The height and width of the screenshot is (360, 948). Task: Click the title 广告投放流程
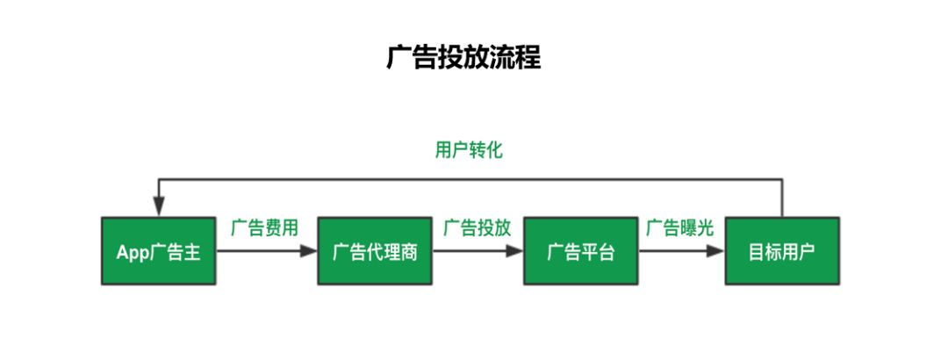click(463, 57)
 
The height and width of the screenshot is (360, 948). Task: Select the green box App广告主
click(159, 251)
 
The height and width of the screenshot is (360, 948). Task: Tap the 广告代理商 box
click(375, 251)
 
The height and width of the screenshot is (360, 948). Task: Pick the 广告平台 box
click(580, 251)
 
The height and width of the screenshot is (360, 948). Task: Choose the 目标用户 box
click(782, 251)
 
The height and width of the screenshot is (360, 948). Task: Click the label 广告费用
click(264, 228)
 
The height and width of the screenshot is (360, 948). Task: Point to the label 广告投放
click(477, 228)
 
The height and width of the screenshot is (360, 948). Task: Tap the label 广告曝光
click(680, 228)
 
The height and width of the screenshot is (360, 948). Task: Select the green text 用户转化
click(469, 150)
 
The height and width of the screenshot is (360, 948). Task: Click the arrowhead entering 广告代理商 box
click(309, 251)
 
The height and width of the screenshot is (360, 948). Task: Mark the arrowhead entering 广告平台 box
click(515, 251)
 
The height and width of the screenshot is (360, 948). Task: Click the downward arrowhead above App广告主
click(159, 208)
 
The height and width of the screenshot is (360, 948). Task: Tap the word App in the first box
click(133, 253)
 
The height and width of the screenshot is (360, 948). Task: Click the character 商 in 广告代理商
click(408, 253)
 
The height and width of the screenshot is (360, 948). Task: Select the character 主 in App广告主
click(193, 253)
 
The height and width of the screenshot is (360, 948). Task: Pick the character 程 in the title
click(528, 57)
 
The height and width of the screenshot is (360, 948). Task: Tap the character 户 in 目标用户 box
click(807, 253)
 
